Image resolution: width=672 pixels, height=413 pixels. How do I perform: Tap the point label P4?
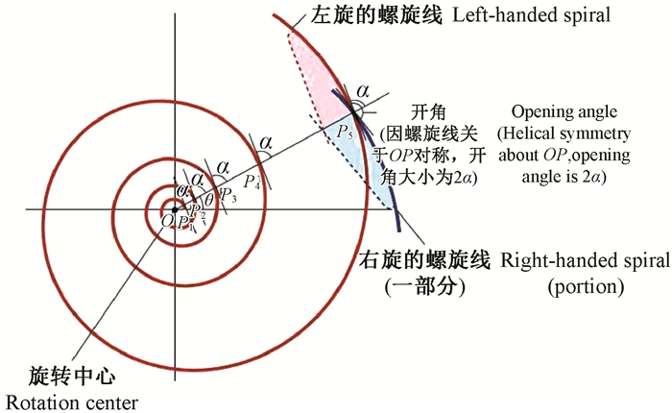click(x=252, y=180)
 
